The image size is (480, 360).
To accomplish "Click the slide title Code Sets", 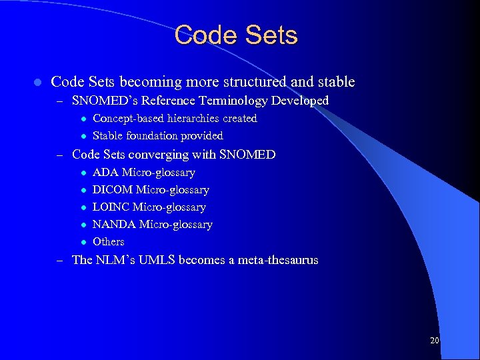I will pos(236,35).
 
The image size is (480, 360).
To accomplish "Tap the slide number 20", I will pos(435,341).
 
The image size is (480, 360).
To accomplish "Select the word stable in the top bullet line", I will pos(335,82).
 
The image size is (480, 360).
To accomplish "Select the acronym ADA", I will pos(105,173).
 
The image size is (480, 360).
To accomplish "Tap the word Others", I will pos(108,241).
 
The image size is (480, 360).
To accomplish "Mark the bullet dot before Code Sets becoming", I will pos(37,83).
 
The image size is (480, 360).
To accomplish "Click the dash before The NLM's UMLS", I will pos(59,261).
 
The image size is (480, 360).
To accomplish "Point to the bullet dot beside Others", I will pos(83,242).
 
